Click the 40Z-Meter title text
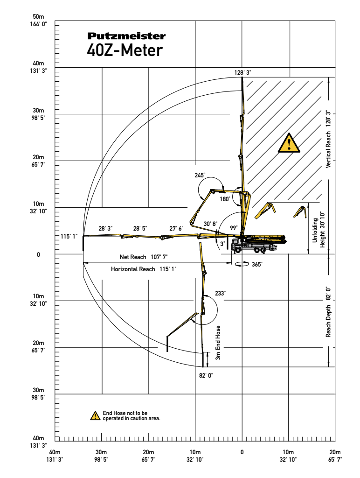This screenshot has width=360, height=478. click(125, 50)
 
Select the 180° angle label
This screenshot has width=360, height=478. click(225, 199)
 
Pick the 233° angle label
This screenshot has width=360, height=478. click(220, 294)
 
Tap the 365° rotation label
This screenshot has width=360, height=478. click(257, 264)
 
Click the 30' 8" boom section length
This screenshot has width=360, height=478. click(211, 224)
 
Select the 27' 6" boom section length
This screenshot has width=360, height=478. click(176, 228)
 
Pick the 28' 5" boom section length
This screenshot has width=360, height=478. click(140, 229)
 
